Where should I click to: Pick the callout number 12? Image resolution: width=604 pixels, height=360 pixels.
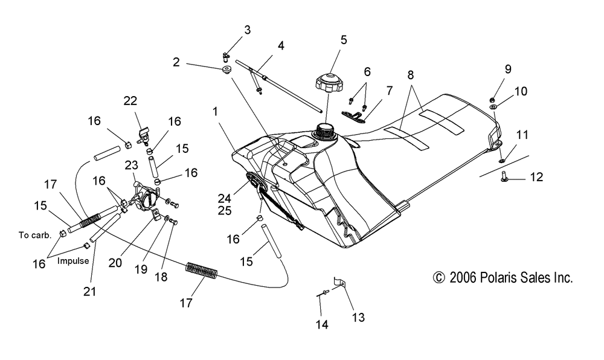point(536,177)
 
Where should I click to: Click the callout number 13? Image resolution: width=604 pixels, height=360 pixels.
point(358,317)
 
